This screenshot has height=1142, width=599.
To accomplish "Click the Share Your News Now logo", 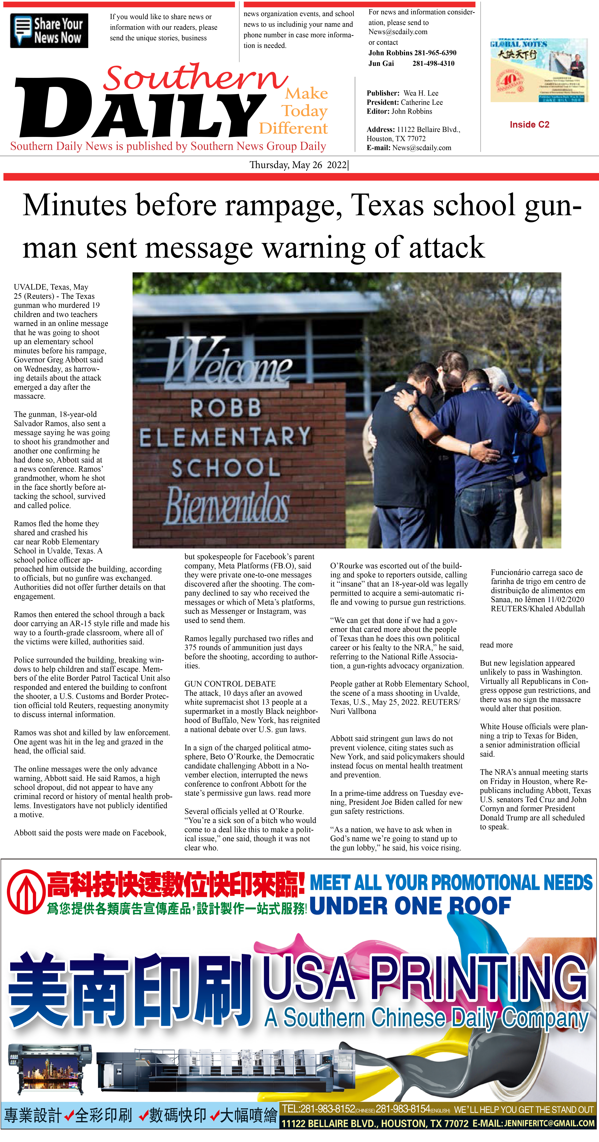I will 49,31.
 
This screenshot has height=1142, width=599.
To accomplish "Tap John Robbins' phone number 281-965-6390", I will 435,53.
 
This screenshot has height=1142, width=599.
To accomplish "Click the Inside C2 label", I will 529,125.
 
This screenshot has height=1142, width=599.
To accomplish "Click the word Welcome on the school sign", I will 228,361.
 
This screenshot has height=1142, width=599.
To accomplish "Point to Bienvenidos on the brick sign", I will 227,503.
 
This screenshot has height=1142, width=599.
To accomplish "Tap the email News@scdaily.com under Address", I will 422,148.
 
